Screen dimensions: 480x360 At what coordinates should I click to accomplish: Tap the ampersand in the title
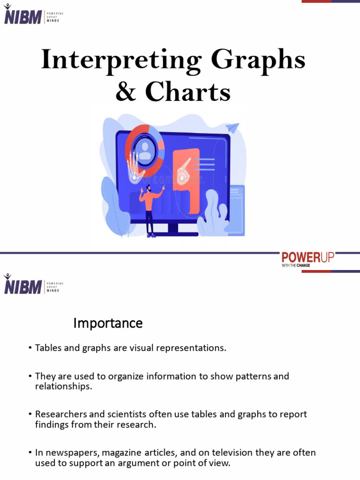pyautogui.click(x=125, y=92)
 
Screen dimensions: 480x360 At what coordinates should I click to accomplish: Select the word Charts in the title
pyautogui.click(x=188, y=92)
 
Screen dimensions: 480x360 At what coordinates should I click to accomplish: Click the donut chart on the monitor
pyautogui.click(x=145, y=149)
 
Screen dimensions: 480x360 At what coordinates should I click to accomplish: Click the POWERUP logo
pyautogui.click(x=307, y=258)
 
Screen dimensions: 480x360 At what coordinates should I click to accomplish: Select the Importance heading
pyautogui.click(x=108, y=323)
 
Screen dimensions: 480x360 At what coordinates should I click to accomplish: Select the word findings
pyautogui.click(x=52, y=425)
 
